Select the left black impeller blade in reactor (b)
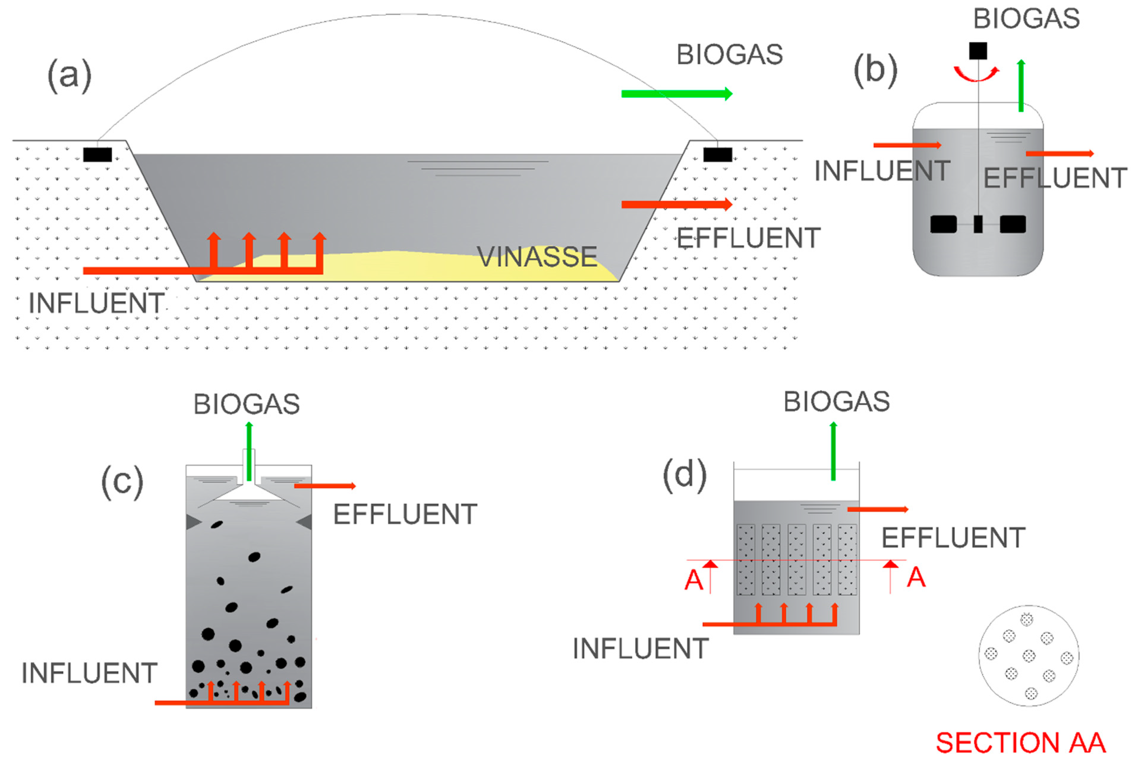[x=943, y=224]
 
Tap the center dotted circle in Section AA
[x=1029, y=656]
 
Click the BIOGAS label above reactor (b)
[x=1027, y=18]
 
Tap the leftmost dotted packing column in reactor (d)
[x=746, y=559]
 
